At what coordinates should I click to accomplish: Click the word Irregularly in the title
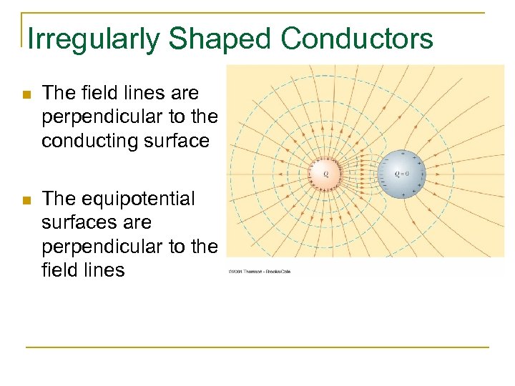[x=93, y=39]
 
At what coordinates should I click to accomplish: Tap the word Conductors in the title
[x=357, y=39]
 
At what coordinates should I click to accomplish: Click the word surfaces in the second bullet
[x=76, y=222]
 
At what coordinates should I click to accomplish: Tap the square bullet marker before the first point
[x=26, y=94]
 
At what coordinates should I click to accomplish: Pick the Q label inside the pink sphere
[x=325, y=174]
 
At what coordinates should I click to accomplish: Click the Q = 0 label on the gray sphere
[x=401, y=174]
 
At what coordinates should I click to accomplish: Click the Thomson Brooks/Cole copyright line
[x=260, y=272]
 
